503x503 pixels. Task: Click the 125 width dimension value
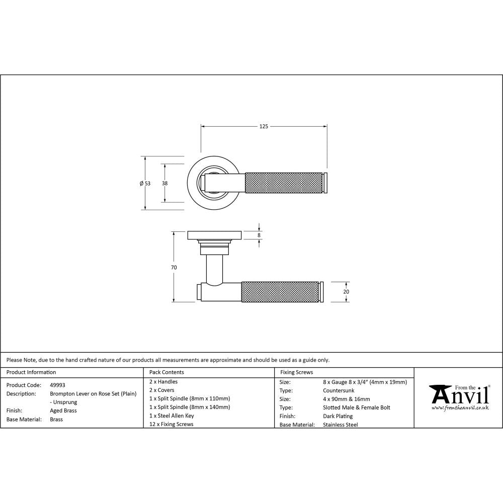coord(264,126)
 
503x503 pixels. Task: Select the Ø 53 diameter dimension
coord(145,184)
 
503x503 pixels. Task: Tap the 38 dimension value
coord(164,184)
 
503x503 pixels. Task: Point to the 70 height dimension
coord(174,268)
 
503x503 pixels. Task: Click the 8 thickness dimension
coord(259,235)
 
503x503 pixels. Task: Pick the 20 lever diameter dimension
coord(346,292)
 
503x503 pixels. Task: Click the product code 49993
coord(57,385)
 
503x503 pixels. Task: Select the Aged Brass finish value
coord(63,410)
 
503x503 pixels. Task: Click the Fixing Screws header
coord(297,372)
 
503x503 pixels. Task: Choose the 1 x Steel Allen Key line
coord(172,416)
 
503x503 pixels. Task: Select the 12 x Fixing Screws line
coord(172,425)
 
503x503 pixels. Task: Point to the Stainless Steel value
coord(340,425)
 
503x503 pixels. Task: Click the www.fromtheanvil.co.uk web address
coord(460,408)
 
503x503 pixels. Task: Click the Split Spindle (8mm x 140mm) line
coord(190,407)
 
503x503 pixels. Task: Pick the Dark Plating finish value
coord(338,416)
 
